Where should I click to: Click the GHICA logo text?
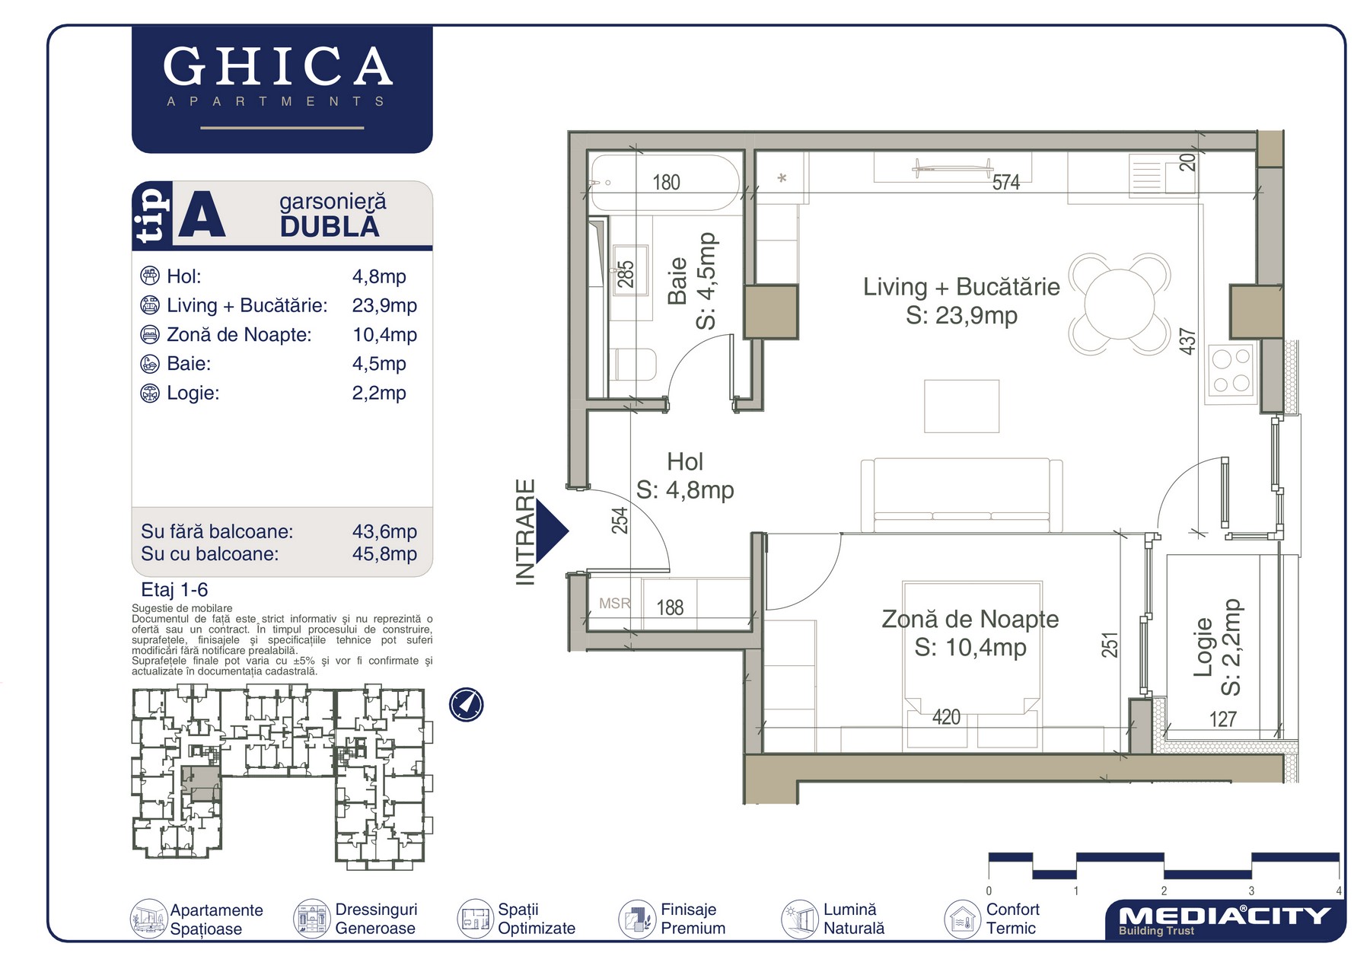(278, 66)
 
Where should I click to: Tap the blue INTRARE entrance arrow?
(552, 531)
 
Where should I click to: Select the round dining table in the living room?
(1120, 304)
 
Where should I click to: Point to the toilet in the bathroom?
(633, 365)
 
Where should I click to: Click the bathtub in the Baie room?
(664, 183)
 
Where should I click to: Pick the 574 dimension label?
(1005, 183)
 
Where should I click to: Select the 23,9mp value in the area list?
(384, 305)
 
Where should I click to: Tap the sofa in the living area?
(961, 496)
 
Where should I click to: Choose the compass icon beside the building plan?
(466, 705)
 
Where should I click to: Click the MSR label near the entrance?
(615, 604)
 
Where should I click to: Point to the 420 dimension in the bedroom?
(946, 717)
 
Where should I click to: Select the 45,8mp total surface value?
(384, 553)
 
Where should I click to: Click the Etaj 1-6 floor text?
(174, 590)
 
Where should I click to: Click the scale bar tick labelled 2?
(1164, 891)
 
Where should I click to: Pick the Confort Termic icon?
(962, 919)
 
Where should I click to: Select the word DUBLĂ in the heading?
(330, 227)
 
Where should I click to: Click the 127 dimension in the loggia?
(1223, 719)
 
